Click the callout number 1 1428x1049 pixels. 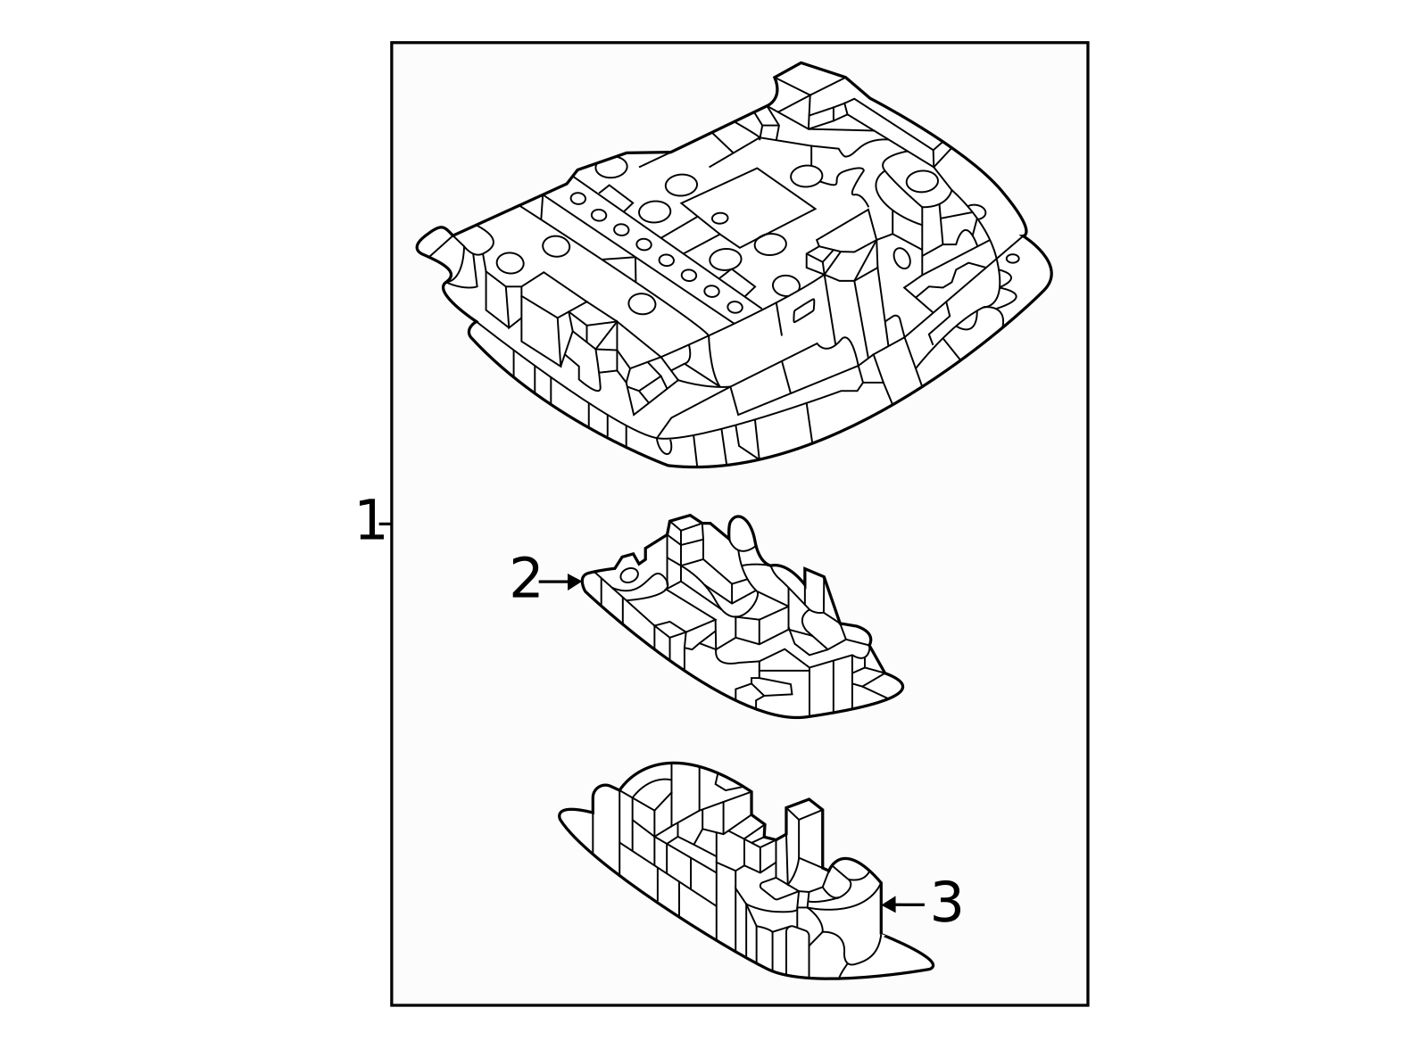(x=370, y=521)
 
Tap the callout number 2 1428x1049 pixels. (x=526, y=578)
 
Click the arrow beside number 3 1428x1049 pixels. (x=902, y=904)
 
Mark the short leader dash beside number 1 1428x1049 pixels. (x=386, y=524)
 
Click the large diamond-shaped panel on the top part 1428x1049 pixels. (x=749, y=208)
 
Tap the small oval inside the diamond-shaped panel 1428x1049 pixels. (x=719, y=218)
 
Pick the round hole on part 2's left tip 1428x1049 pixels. (x=629, y=574)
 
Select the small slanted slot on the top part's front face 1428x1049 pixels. (x=804, y=310)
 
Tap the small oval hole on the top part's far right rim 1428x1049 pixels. (x=1012, y=258)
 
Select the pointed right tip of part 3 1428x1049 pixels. (x=932, y=966)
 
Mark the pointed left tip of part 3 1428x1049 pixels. (x=562, y=815)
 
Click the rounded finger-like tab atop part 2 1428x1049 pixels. (x=742, y=533)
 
